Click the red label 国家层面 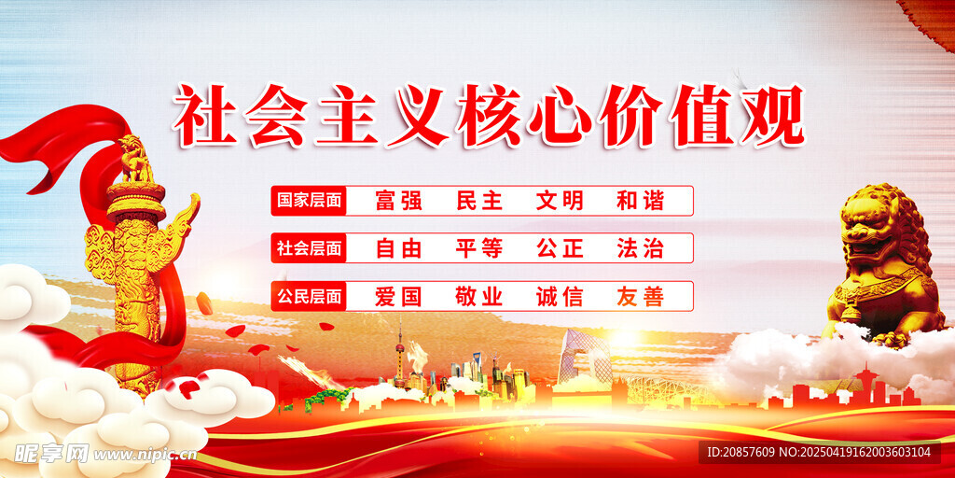click(x=309, y=201)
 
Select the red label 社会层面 click(x=309, y=248)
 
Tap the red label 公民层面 click(x=309, y=296)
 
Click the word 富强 click(x=399, y=201)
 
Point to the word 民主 click(x=479, y=201)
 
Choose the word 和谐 click(x=640, y=201)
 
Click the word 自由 click(x=399, y=248)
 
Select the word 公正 click(x=560, y=248)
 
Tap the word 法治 click(x=640, y=248)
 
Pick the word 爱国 click(x=399, y=296)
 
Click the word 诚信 click(x=560, y=296)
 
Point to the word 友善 click(x=640, y=296)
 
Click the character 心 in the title click(x=560, y=116)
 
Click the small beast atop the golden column click(x=135, y=159)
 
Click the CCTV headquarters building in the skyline click(x=585, y=357)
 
